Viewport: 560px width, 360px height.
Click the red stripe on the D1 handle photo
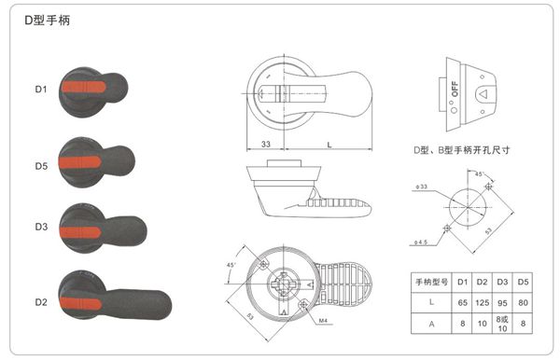pos(87,90)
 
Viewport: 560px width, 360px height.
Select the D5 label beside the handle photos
pos(41,165)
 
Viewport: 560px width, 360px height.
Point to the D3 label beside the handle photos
pos(41,227)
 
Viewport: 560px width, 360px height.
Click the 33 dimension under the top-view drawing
pos(266,145)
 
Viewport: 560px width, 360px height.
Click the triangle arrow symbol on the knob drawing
pos(483,94)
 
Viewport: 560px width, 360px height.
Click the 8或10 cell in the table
pos(503,325)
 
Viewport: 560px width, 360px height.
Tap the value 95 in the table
pos(503,303)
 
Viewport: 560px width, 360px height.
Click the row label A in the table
pos(432,325)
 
